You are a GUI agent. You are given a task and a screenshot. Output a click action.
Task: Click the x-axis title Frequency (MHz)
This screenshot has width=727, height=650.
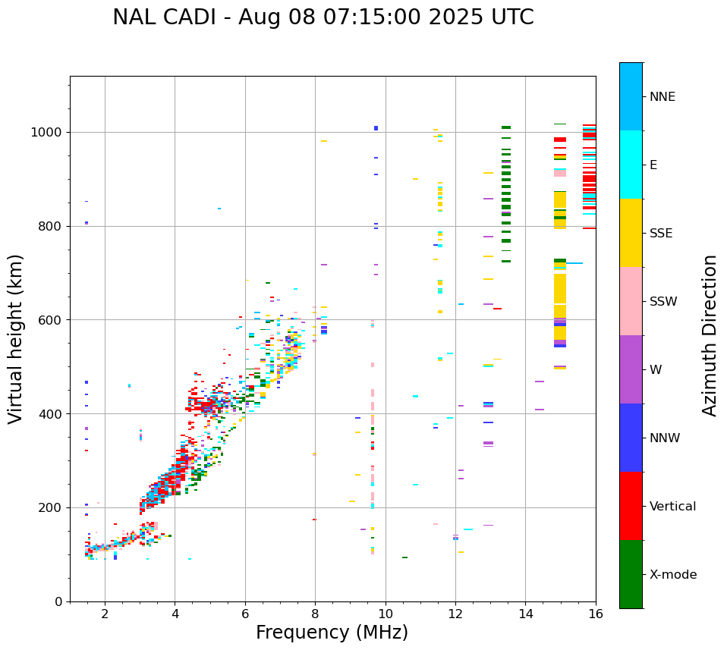332,633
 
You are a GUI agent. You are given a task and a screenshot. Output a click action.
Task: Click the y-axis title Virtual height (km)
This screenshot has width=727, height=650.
16,338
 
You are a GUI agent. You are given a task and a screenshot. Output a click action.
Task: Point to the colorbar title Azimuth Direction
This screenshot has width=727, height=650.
710,334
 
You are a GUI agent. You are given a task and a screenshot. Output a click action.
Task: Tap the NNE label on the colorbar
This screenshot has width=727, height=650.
662,97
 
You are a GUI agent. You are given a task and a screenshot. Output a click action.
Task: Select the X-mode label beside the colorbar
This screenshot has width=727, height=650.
672,575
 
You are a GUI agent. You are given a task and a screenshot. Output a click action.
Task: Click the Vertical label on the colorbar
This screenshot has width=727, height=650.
672,507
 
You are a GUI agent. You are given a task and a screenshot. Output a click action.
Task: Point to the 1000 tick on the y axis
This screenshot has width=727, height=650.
50,133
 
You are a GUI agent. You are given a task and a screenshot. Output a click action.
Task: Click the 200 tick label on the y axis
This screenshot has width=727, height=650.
53,507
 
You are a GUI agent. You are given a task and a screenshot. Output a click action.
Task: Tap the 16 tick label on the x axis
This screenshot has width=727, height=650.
596,613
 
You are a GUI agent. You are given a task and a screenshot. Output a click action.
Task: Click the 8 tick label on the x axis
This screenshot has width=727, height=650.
315,613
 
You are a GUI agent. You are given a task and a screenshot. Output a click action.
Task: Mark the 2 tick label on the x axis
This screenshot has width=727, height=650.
105,613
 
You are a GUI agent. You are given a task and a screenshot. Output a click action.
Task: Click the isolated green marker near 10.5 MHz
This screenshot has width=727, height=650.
404,557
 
